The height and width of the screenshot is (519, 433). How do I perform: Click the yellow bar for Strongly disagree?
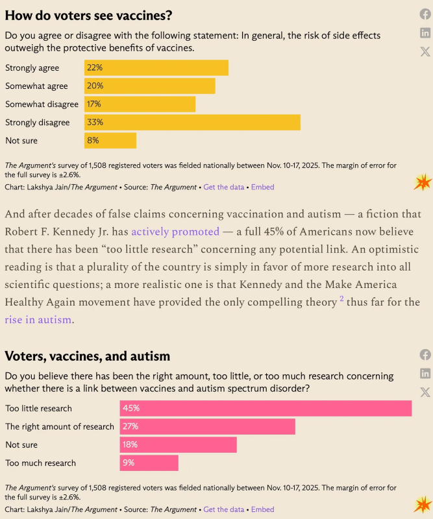click(192, 122)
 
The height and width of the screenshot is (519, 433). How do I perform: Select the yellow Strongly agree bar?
click(156, 67)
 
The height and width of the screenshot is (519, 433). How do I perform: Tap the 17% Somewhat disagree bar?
click(140, 104)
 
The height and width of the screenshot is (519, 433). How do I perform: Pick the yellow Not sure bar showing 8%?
click(110, 140)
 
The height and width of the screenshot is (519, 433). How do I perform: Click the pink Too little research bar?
click(266, 408)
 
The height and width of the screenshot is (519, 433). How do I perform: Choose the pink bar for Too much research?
click(149, 463)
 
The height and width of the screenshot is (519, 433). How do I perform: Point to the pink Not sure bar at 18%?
click(178, 444)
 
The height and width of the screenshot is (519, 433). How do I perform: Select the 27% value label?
click(130, 426)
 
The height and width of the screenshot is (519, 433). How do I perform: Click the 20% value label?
click(95, 86)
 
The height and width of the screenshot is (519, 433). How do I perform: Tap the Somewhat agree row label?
click(36, 86)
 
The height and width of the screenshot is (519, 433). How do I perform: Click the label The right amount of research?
click(60, 426)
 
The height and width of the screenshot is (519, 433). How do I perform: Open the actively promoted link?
click(175, 232)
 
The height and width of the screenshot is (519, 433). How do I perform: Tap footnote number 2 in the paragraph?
click(341, 299)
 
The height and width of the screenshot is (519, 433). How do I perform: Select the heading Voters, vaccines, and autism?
click(88, 356)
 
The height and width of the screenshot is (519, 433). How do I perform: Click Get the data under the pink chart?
click(224, 509)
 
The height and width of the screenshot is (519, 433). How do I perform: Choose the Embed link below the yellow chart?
click(262, 187)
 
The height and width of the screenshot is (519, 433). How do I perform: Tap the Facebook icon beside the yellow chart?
click(425, 14)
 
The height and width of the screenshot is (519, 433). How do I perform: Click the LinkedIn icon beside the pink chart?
click(425, 373)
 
